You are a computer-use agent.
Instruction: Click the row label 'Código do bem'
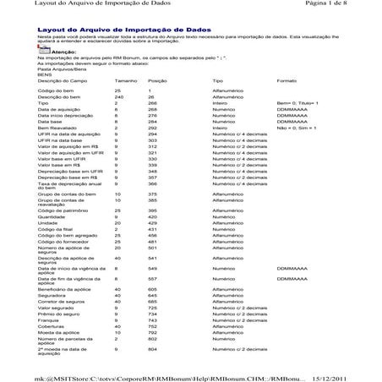(56, 90)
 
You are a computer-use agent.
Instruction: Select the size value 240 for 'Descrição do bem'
(118, 97)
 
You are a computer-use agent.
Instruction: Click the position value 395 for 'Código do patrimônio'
(153, 210)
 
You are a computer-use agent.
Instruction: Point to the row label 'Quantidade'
(52, 216)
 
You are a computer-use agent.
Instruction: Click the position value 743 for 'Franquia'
(153, 320)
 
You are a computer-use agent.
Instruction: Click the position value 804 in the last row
(153, 348)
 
